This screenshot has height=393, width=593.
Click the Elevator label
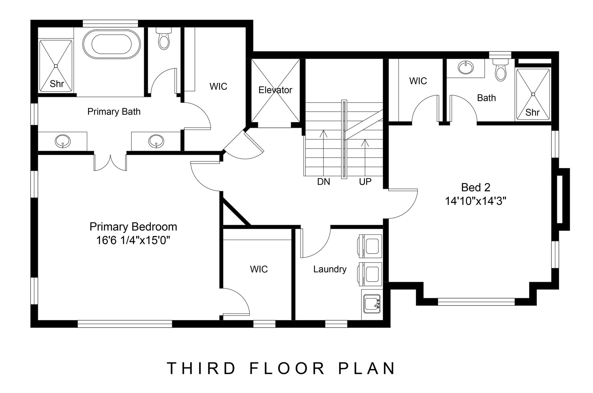pyautogui.click(x=275, y=90)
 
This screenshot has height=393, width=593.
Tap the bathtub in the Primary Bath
pyautogui.click(x=111, y=44)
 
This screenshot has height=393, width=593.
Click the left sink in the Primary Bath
pyautogui.click(x=63, y=141)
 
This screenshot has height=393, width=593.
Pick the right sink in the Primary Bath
pyautogui.click(x=156, y=141)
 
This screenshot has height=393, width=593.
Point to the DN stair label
pyautogui.click(x=323, y=182)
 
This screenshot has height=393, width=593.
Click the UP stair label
pyautogui.click(x=365, y=182)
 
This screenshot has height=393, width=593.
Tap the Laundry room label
pyautogui.click(x=330, y=269)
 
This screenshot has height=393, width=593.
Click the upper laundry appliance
pyautogui.click(x=370, y=246)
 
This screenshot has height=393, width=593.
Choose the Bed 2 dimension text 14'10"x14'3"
pyautogui.click(x=475, y=201)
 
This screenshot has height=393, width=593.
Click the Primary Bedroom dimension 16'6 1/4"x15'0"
pyautogui.click(x=133, y=240)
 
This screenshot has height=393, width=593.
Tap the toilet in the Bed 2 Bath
pyautogui.click(x=501, y=69)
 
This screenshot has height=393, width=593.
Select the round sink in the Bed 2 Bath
pyautogui.click(x=466, y=68)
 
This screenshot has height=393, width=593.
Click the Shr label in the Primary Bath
pyautogui.click(x=57, y=84)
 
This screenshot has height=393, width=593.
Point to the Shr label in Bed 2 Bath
pyautogui.click(x=532, y=112)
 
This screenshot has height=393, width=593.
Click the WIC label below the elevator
pyautogui.click(x=259, y=269)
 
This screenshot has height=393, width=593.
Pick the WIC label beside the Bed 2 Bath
pyautogui.click(x=418, y=81)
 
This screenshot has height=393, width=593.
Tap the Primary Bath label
pyautogui.click(x=114, y=112)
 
